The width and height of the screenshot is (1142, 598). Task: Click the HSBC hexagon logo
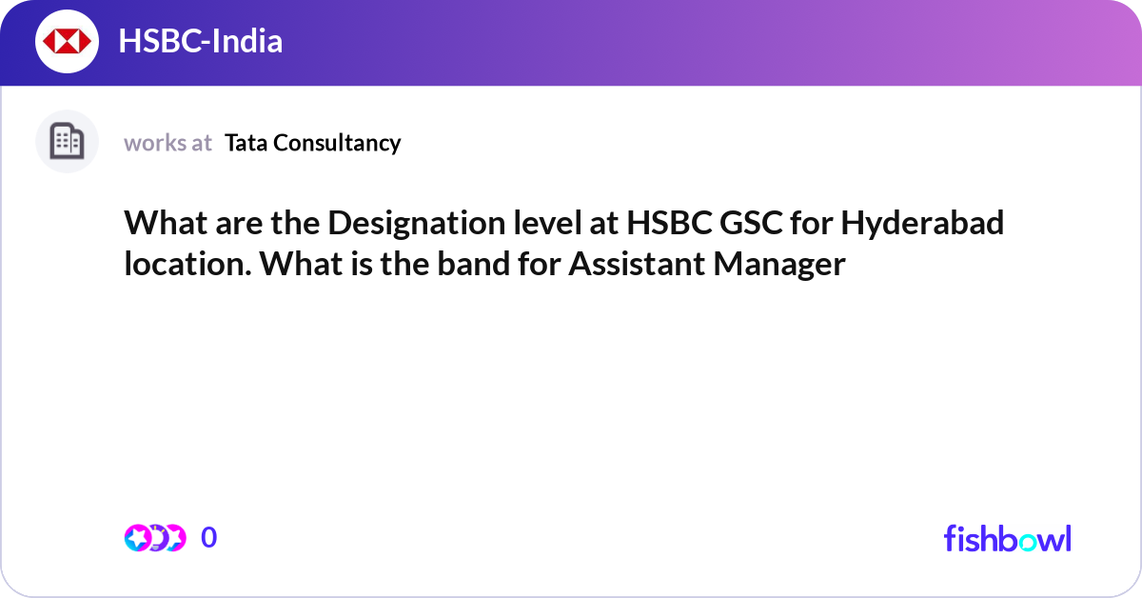(x=68, y=41)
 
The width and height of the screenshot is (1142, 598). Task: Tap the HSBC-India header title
(x=200, y=41)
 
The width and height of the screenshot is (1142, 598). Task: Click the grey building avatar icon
(x=67, y=142)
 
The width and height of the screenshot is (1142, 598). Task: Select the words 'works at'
(x=167, y=143)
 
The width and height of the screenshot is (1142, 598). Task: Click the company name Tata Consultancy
(x=312, y=143)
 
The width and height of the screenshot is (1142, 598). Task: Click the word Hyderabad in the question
(x=922, y=225)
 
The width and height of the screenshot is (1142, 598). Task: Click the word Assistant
(x=636, y=264)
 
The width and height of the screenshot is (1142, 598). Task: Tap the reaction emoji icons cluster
(x=154, y=538)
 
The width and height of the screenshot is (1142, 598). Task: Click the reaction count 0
(x=209, y=538)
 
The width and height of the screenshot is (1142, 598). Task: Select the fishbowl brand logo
(x=1007, y=538)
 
